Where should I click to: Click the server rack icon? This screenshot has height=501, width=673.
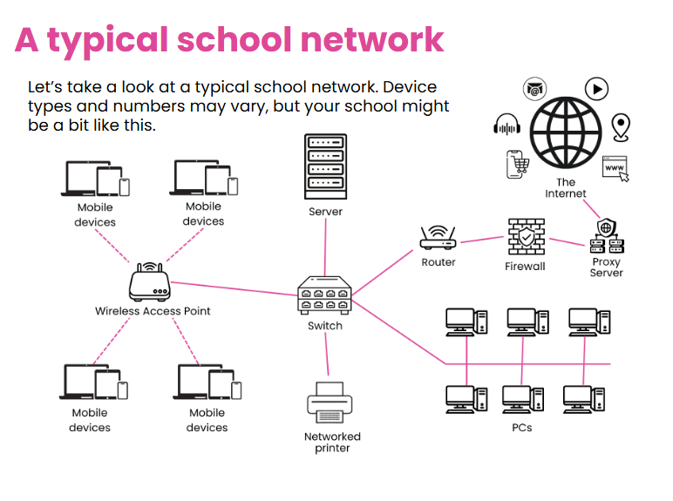click(x=325, y=166)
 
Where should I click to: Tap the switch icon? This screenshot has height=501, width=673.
click(x=324, y=295)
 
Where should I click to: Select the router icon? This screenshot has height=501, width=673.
click(x=438, y=237)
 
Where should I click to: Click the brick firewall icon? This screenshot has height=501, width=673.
click(x=527, y=237)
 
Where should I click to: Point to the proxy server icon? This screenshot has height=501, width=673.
click(x=607, y=236)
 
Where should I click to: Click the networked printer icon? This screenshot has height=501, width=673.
click(x=330, y=403)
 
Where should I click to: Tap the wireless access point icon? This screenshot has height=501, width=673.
click(x=149, y=281)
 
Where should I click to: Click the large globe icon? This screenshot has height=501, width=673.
click(x=565, y=132)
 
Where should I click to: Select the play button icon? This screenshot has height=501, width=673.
click(x=596, y=89)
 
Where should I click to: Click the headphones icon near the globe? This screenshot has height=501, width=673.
click(x=506, y=125)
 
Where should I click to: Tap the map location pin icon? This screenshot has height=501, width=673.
click(x=621, y=127)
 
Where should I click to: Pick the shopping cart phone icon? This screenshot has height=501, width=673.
click(x=517, y=164)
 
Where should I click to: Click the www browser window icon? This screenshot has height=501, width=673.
click(x=616, y=168)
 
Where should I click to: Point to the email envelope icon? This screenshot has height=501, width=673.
click(x=534, y=89)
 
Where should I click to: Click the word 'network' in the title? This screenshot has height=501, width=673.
click(x=372, y=40)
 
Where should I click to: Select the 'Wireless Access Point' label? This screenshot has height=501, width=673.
click(x=153, y=311)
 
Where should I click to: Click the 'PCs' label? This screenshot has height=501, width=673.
click(x=522, y=428)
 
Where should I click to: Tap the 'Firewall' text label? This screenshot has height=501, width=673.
click(x=525, y=267)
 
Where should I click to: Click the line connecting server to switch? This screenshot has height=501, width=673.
click(x=325, y=247)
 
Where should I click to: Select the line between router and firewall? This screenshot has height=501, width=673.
click(x=482, y=240)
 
